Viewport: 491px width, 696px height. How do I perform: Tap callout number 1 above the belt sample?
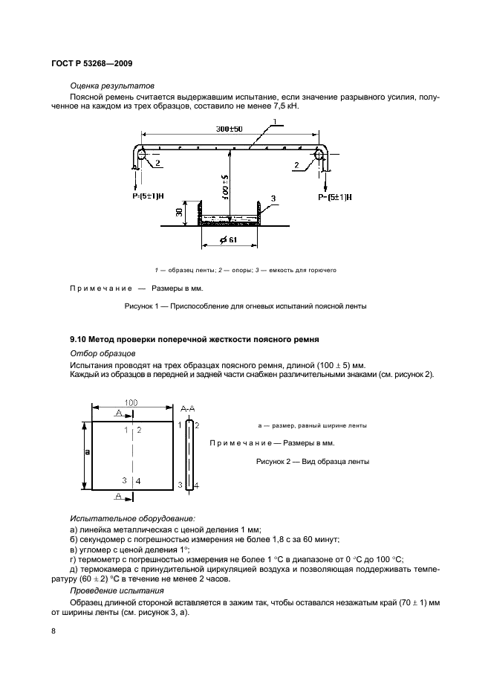pyautogui.click(x=275, y=120)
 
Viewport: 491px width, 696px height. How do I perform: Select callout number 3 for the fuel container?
pyautogui.click(x=273, y=199)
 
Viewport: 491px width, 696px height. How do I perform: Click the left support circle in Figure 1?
pyautogui.click(x=141, y=155)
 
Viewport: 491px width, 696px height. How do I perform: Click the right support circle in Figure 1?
pyautogui.click(x=320, y=155)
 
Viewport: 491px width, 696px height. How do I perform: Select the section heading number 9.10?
pyautogui.click(x=78, y=339)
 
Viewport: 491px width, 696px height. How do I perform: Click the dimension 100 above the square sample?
pyautogui.click(x=131, y=402)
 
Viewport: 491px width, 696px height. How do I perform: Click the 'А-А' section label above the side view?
pyautogui.click(x=189, y=408)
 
